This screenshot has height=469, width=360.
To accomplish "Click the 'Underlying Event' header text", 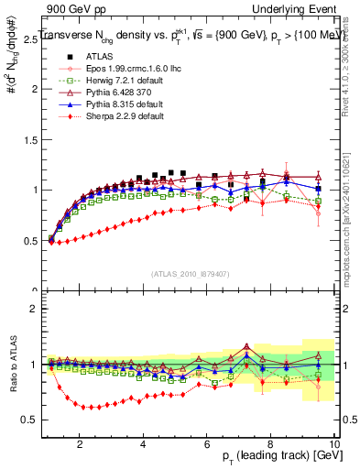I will pyautogui.click(x=294, y=8).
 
